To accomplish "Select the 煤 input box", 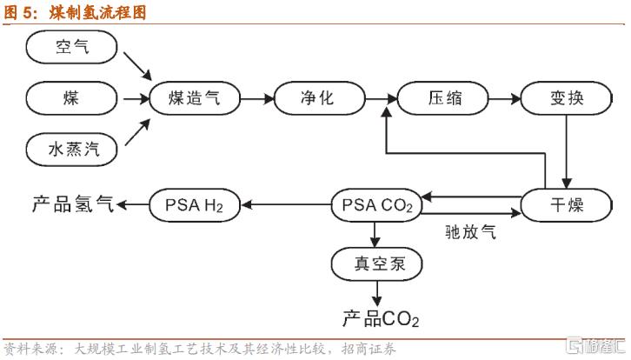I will [x=70, y=97].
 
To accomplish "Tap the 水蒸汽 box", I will [x=70, y=149].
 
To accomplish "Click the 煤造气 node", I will [x=194, y=97].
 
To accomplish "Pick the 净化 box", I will [x=315, y=97].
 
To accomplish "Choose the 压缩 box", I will [x=441, y=97].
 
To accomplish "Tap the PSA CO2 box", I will [x=376, y=205].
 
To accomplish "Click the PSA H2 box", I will [x=194, y=205].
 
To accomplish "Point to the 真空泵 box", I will [x=376, y=261].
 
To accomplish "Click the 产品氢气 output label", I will [x=72, y=205].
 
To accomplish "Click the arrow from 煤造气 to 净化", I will [x=256, y=98].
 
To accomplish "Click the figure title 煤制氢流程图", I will [x=96, y=10].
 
